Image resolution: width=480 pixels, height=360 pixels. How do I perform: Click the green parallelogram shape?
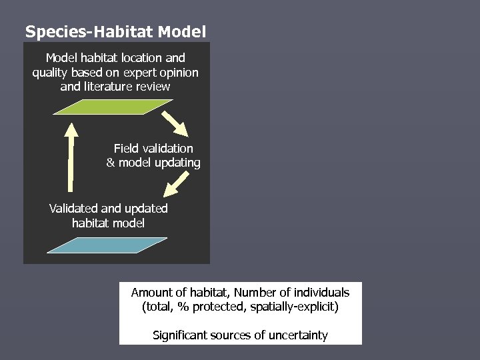(113, 107)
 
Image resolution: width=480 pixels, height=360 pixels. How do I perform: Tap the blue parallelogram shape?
(107, 245)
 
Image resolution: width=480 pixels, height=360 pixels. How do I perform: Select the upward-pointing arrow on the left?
(70, 157)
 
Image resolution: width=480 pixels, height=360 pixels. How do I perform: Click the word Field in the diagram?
(126, 149)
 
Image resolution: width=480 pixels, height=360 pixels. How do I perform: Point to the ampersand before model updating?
(111, 163)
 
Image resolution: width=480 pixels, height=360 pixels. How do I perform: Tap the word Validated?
(73, 209)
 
